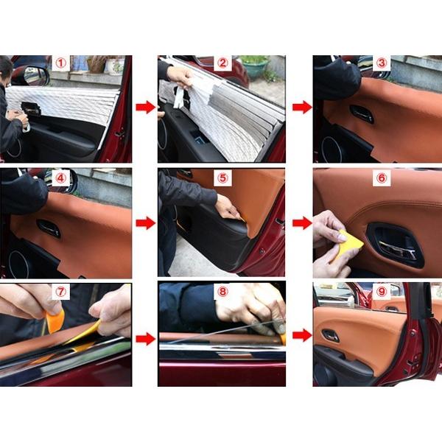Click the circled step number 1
[60, 63]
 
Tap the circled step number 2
[222, 63]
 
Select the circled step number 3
[382, 63]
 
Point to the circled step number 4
[60, 178]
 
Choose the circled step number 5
[222, 178]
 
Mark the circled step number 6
[382, 178]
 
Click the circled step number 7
[60, 292]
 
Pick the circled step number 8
[222, 292]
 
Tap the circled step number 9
[382, 292]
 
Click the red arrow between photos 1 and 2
[145, 108]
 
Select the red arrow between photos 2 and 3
[302, 108]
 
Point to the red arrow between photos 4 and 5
[145, 223]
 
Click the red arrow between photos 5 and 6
[302, 223]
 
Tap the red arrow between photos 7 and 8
[145, 339]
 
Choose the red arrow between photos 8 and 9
[302, 335]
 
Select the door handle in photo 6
[395, 245]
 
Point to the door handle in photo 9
[331, 335]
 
